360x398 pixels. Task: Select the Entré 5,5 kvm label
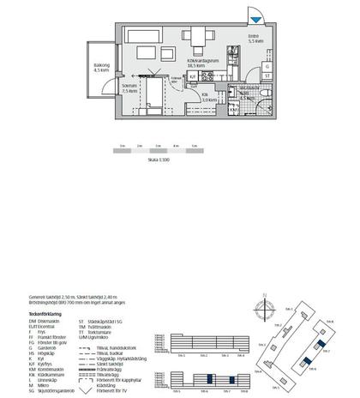pos(255,39)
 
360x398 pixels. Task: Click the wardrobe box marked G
pos(267,66)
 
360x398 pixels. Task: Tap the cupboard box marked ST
pos(267,76)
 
